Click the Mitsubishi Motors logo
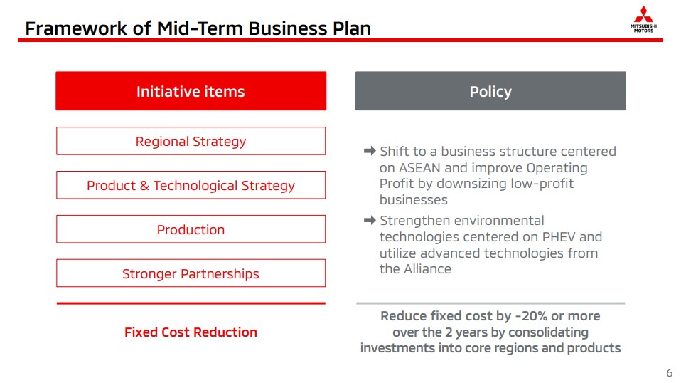[643, 19]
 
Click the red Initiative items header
[191, 91]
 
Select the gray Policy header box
[490, 91]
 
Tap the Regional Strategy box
[191, 141]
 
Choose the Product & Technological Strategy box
[191, 185]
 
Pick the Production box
[191, 229]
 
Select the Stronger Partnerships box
[191, 273]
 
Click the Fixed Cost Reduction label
[191, 332]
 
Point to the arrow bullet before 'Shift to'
[370, 151]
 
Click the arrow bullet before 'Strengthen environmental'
[370, 221]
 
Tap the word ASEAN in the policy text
[419, 168]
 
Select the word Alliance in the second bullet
[428, 269]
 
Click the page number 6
[670, 373]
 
